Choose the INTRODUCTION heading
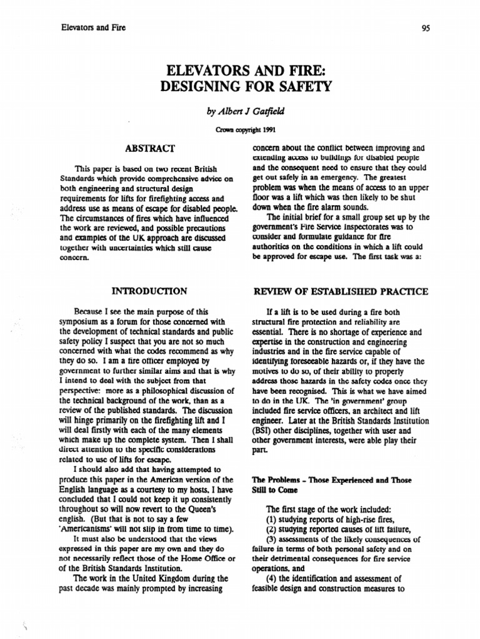pos(149,290)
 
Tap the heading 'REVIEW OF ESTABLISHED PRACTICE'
pos(339,291)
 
